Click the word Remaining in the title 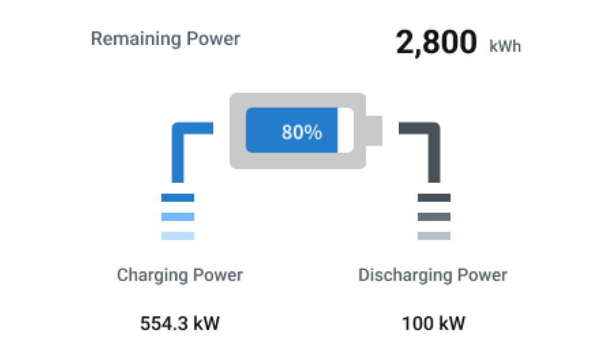136,39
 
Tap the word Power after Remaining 213,39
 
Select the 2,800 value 436,42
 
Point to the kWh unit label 505,46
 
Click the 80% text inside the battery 301,132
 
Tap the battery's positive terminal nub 374,131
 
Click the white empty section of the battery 345,130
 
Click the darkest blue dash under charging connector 178,197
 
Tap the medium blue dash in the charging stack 178,217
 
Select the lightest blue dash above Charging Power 178,236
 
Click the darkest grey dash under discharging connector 434,197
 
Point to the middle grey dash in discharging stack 434,217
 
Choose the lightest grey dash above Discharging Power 434,236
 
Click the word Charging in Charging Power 152,276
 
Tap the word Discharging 405,276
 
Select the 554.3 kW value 180,323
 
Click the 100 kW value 434,323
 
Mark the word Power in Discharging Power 482,275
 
